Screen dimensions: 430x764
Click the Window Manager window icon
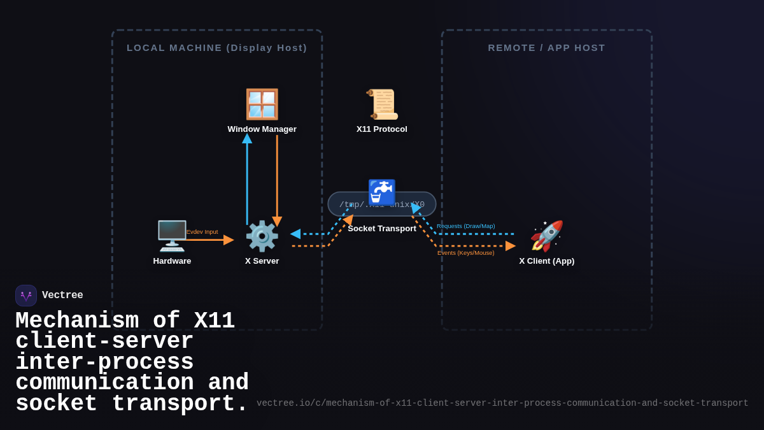point(262,104)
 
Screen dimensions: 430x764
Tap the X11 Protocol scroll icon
point(382,104)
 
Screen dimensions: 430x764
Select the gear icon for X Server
point(262,236)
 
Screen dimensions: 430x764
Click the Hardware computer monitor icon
point(172,236)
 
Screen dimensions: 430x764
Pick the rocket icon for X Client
point(546,236)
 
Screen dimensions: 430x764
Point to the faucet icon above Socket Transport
point(382,192)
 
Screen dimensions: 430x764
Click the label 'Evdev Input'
point(202,232)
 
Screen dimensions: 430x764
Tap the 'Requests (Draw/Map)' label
point(465,226)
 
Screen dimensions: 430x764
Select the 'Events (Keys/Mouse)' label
point(465,253)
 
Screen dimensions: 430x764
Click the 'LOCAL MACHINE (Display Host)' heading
point(217,48)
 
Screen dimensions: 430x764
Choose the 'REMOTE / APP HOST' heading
point(547,48)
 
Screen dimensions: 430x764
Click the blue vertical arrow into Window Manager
point(247,182)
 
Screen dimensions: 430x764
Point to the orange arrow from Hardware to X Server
point(210,240)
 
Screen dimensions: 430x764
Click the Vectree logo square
point(26,296)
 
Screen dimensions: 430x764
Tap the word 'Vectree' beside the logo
point(62,296)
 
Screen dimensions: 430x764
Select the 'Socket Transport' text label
point(382,229)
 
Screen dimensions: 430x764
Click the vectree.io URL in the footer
point(502,403)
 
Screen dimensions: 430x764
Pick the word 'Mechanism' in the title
point(77,321)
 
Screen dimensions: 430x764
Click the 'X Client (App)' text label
point(546,261)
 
